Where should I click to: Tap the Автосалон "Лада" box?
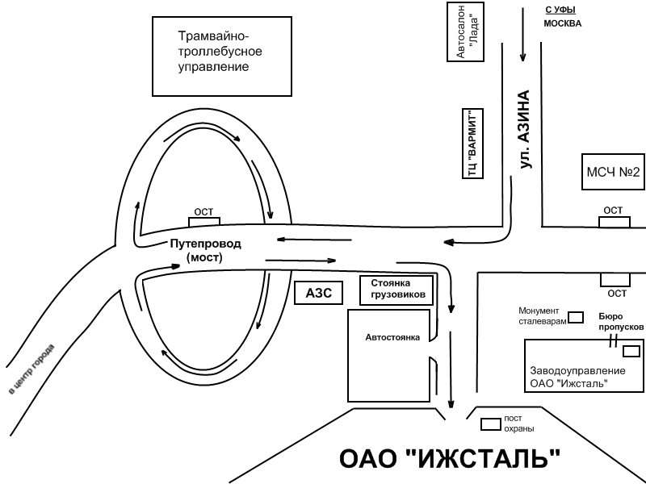pos(466,31)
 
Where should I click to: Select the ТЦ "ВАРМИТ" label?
pos(473,144)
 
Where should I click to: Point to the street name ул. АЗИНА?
pos(524,130)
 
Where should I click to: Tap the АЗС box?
pos(318,293)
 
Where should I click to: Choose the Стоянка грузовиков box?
pos(396,290)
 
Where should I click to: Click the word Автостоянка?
pos(392,337)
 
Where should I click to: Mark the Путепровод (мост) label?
pos(205,250)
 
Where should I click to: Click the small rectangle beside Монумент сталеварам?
pos(576,317)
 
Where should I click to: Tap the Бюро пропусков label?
pos(621,322)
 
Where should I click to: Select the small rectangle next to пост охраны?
pos(491,424)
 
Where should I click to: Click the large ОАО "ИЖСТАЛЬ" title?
pos(450,458)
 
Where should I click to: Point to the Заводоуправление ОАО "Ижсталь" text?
pos(577,377)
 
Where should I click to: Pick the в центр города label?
pos(31,369)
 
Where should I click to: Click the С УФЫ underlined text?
pos(560,10)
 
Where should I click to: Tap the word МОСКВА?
pos(563,23)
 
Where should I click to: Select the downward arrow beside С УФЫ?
pos(522,35)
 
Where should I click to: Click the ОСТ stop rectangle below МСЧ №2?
pos(615,223)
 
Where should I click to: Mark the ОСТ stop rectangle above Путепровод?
pos(204,222)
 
